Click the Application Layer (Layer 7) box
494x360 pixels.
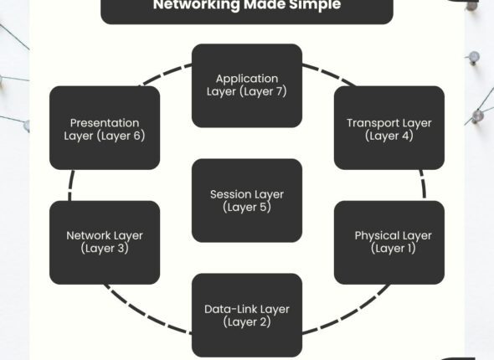246,85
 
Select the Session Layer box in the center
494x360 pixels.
246,200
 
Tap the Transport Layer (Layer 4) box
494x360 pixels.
389,128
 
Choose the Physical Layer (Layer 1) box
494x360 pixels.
389,242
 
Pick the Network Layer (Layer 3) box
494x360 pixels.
105,242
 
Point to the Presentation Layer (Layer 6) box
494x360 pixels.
105,128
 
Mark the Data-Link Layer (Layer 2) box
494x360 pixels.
246,315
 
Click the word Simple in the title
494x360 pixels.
315,5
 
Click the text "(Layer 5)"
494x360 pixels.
246,208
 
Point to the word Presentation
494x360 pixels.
105,123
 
